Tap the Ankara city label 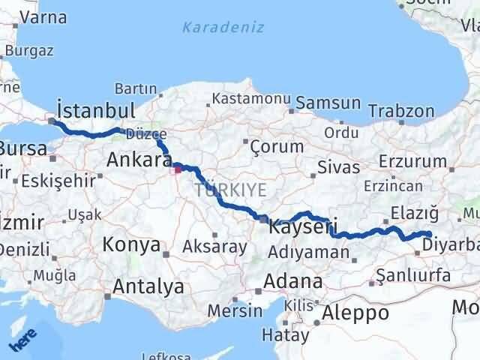click(139, 160)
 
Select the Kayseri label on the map click(303, 224)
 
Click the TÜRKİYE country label click(230, 190)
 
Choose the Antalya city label click(148, 286)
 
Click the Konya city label click(131, 244)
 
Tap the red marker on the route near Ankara click(178, 169)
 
